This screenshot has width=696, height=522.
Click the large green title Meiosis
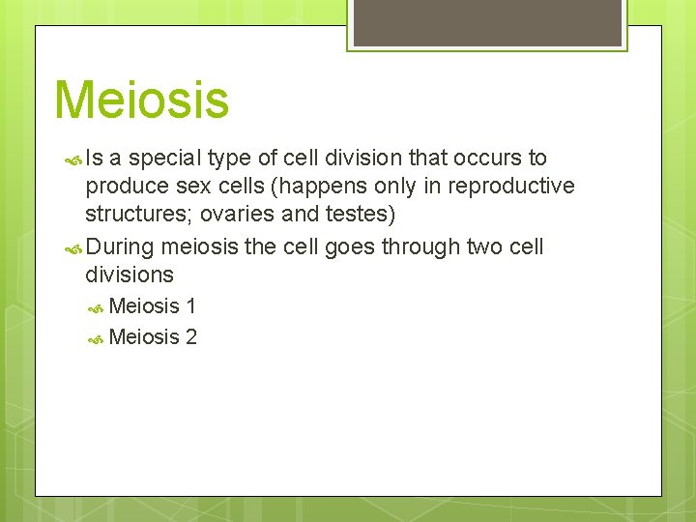tap(142, 100)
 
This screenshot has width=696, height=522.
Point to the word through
tap(420, 247)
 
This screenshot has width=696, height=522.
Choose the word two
tap(485, 247)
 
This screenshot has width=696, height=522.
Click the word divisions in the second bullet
tap(130, 275)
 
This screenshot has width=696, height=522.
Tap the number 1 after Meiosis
tap(191, 306)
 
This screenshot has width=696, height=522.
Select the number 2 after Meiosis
tap(191, 337)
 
